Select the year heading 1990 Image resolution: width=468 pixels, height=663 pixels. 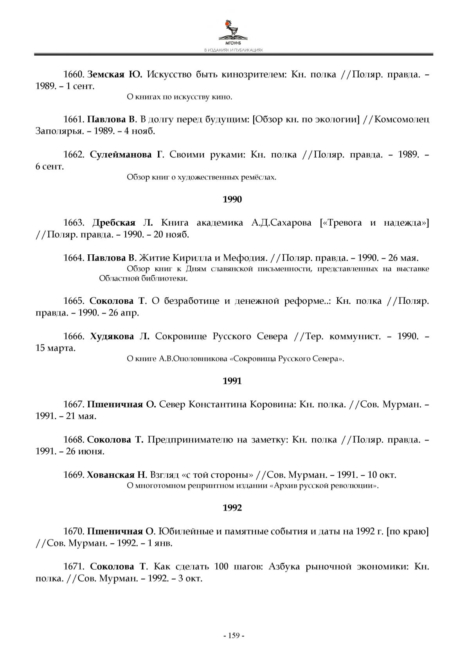(x=232, y=199)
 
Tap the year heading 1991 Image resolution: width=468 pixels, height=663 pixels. (x=232, y=381)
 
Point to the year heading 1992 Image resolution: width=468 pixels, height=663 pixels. (x=232, y=508)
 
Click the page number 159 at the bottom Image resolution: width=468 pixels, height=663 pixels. (x=234, y=636)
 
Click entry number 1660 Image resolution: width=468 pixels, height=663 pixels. (x=74, y=74)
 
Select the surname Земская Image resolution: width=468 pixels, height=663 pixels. (x=106, y=74)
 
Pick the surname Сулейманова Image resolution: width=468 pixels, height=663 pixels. (x=121, y=155)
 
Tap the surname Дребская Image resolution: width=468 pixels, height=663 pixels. (x=114, y=223)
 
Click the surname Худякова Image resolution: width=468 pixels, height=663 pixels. (x=112, y=336)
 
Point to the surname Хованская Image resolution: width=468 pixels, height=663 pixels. (x=111, y=475)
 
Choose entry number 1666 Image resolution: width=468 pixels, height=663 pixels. (x=74, y=336)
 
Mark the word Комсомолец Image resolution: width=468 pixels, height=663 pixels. (x=401, y=119)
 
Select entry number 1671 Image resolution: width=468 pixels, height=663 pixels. (x=74, y=567)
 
